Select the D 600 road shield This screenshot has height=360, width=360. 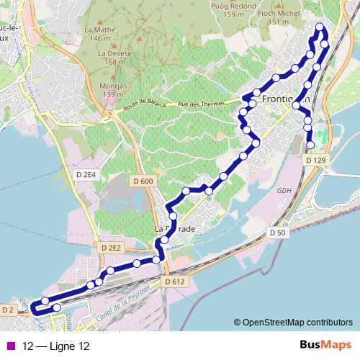[143, 181]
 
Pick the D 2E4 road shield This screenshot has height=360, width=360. [85, 174]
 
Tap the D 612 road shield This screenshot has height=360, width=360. [175, 282]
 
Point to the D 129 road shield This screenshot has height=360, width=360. [315, 159]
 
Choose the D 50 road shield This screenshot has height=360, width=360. [278, 233]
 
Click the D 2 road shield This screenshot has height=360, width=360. [8, 310]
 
